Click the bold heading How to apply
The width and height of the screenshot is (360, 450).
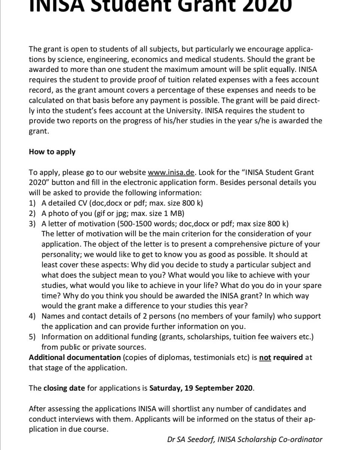52,152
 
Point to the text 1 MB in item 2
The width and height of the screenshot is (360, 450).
174,213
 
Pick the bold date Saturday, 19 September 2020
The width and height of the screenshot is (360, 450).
201,388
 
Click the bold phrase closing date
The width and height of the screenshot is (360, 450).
64,388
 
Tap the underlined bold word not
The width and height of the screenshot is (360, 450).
265,357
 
